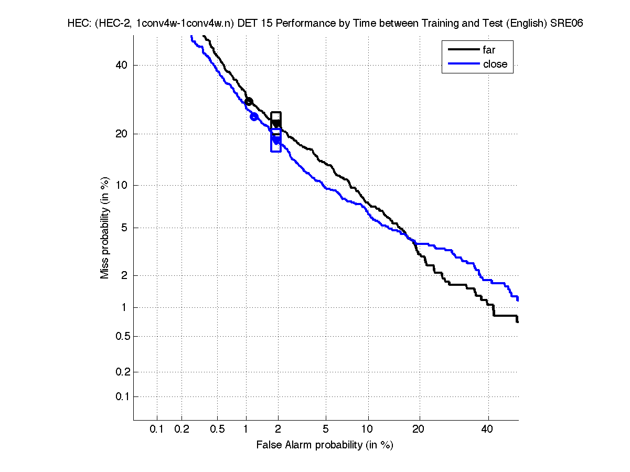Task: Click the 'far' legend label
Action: pyautogui.click(x=489, y=50)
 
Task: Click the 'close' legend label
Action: pyautogui.click(x=495, y=64)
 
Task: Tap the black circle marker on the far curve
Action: pyautogui.click(x=249, y=101)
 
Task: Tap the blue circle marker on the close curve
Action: pyautogui.click(x=254, y=116)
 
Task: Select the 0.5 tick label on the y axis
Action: pyautogui.click(x=120, y=336)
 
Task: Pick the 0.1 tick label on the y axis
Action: pyautogui.click(x=120, y=396)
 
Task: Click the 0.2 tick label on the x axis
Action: pyautogui.click(x=181, y=430)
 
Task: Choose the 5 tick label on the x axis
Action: pyautogui.click(x=326, y=430)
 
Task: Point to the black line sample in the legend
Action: pyautogui.click(x=464, y=50)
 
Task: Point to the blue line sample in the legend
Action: pyautogui.click(x=464, y=64)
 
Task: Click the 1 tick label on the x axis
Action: pyautogui.click(x=246, y=430)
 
